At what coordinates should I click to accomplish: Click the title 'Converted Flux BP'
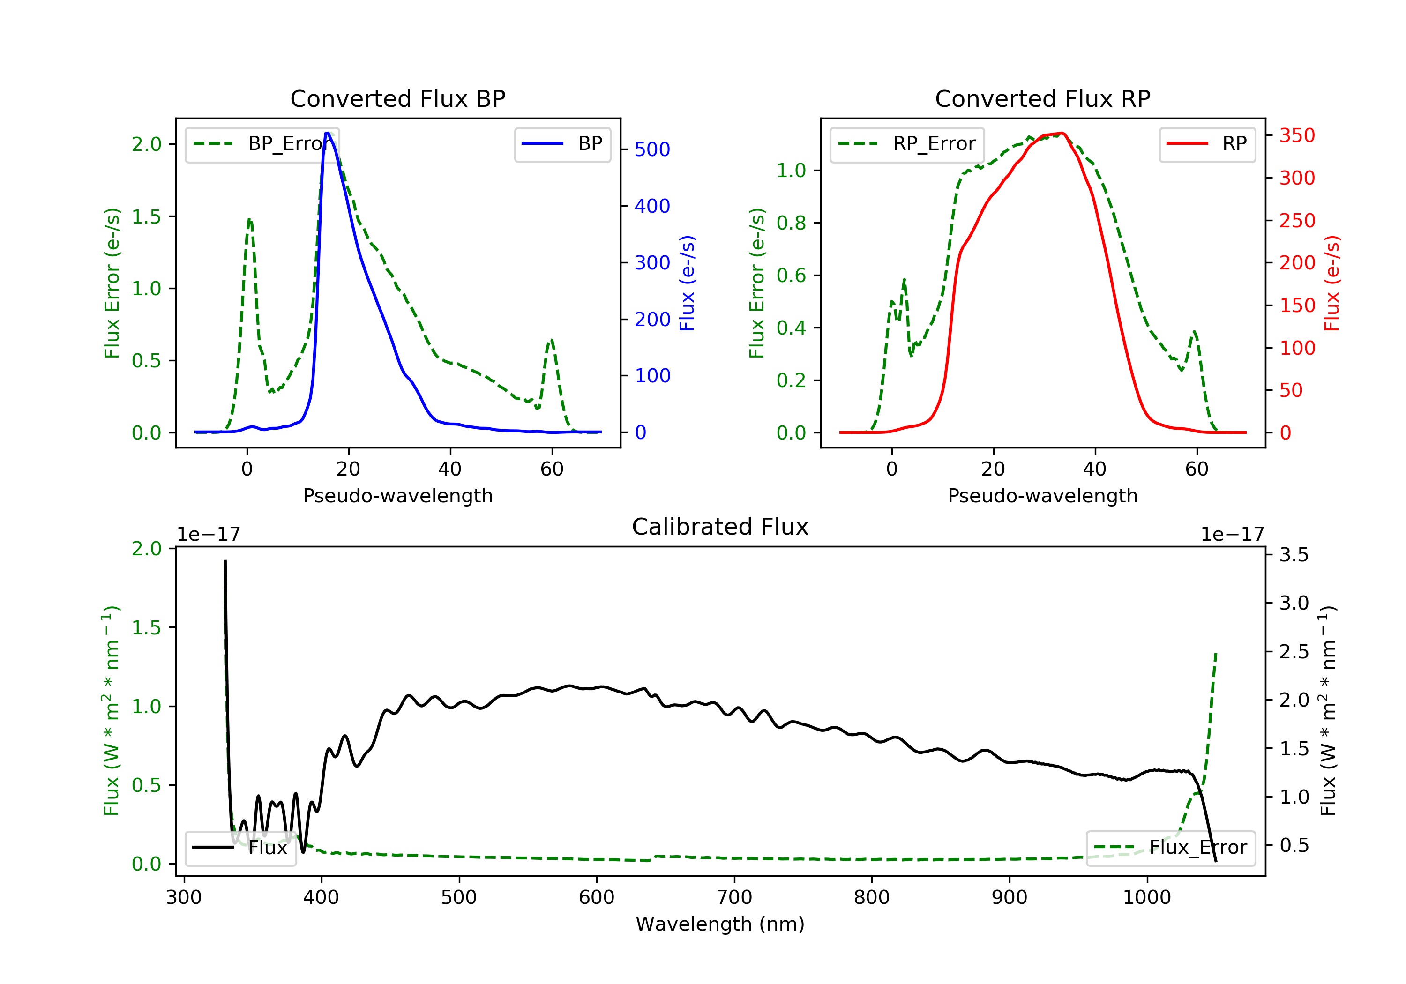pyautogui.click(x=397, y=98)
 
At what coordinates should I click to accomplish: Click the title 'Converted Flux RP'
pyautogui.click(x=1042, y=98)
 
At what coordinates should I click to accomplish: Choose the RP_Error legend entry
pyautogui.click(x=907, y=144)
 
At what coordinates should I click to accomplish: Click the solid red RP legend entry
pyautogui.click(x=1207, y=144)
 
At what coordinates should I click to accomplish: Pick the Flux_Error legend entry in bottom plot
pyautogui.click(x=1170, y=848)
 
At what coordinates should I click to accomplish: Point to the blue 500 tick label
pyautogui.click(x=652, y=149)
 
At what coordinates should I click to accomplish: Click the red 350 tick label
pyautogui.click(x=1297, y=135)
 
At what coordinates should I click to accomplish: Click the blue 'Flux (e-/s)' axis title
pyautogui.click(x=687, y=283)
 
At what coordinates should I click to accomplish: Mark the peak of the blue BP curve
pyautogui.click(x=328, y=133)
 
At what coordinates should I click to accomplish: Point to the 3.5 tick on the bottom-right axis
pyautogui.click(x=1294, y=555)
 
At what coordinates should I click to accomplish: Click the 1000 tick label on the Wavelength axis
pyautogui.click(x=1146, y=898)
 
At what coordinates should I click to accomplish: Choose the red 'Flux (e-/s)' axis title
pyautogui.click(x=1332, y=283)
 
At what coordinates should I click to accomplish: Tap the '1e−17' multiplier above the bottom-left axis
pyautogui.click(x=208, y=535)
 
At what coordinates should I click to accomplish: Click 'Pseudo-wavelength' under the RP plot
pyautogui.click(x=1042, y=495)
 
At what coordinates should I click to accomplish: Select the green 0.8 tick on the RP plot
pyautogui.click(x=791, y=223)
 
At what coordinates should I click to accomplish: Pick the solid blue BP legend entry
pyautogui.click(x=562, y=144)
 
